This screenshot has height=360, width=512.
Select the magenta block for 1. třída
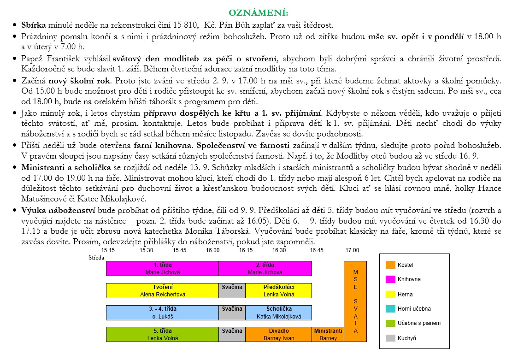[162, 268]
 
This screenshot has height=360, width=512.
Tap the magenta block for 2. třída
[265, 268]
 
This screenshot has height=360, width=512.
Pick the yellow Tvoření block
[162, 290]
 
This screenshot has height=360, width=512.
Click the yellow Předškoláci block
[278, 290]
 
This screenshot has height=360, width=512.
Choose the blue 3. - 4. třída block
[162, 313]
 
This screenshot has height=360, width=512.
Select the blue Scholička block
[278, 313]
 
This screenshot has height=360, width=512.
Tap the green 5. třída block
[162, 334]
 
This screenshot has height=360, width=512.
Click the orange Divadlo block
[278, 334]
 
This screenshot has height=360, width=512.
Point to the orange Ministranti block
[328, 334]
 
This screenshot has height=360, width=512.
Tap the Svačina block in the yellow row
[232, 290]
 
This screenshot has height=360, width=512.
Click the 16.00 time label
[212, 250]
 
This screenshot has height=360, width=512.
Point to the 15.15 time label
[108, 250]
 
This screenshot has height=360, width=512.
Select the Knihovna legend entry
[409, 279]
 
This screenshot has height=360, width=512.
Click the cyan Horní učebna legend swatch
[390, 309]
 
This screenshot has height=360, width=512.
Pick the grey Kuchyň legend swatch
[390, 338]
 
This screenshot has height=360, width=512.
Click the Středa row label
[96, 258]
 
